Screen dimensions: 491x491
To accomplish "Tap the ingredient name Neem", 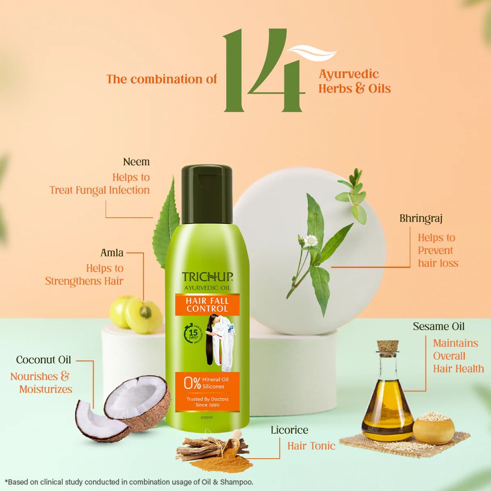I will pos(136,162).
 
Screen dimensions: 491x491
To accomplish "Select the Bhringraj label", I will pos(421,218).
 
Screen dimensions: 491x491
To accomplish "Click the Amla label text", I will pos(112,253).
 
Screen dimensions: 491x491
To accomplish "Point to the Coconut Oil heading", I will pos(43,360).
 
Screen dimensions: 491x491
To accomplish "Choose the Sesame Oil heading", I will pos(439,327).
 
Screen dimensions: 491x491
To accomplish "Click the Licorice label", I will pos(289,430).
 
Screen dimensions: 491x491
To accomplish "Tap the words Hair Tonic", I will pos(311,446).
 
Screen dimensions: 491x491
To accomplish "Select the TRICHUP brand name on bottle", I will pos(207,277).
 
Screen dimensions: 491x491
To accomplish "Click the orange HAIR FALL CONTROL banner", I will pos(207,305).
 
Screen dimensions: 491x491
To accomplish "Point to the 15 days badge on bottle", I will pos(193,333).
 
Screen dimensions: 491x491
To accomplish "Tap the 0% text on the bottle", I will pos(192,383).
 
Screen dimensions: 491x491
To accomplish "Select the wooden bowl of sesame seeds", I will pos(433,428).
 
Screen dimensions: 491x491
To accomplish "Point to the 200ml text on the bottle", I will pos(207,417).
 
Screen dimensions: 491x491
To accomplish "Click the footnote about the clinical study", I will pos(129,482).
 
